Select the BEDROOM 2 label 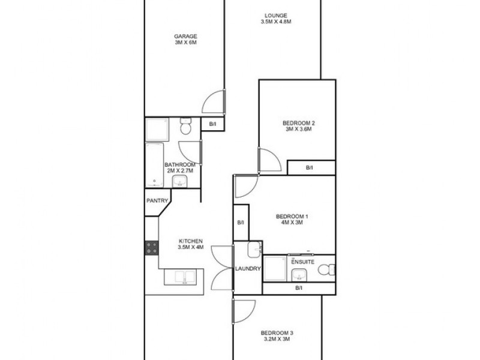pos(299,124)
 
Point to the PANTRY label pos(157,202)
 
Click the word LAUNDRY pos(248,269)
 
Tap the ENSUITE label pos(303,262)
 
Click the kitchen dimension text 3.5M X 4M pos(190,247)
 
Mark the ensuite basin pos(298,275)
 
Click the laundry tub pos(254,248)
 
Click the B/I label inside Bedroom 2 pos(310,168)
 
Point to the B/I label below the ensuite pos(299,289)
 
